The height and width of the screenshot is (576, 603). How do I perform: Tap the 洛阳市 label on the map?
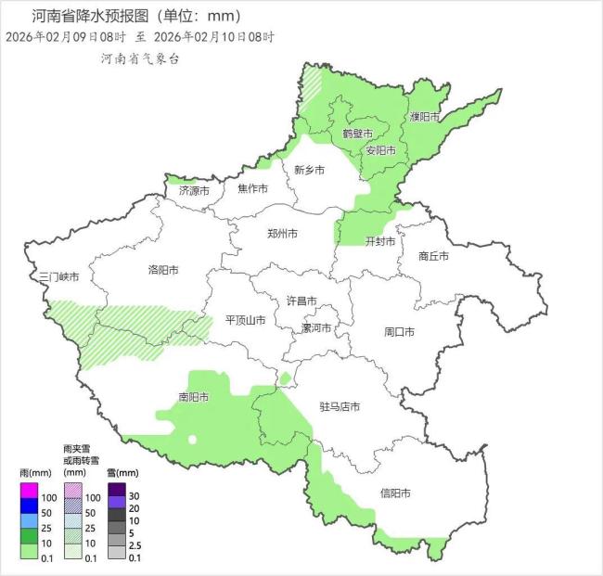162,270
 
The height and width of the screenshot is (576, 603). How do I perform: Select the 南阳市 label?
193,397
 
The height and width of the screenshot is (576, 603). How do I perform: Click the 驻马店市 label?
340,406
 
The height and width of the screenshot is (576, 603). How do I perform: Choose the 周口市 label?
399,331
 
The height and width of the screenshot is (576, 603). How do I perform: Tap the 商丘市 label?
433,255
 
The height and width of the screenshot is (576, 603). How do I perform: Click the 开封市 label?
380,241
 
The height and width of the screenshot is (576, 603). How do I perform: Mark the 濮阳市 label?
426,117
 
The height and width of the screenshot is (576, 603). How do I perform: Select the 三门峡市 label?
58,276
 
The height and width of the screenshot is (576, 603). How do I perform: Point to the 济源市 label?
194,190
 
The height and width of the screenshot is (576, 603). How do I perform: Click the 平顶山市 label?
246,320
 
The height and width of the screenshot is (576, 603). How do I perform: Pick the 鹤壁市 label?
357,134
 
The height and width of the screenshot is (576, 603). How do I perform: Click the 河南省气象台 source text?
140,58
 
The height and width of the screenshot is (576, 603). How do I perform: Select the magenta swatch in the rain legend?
28,490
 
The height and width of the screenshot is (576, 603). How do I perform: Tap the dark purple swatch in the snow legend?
116,490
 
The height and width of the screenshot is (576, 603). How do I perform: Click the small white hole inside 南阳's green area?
192,439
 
